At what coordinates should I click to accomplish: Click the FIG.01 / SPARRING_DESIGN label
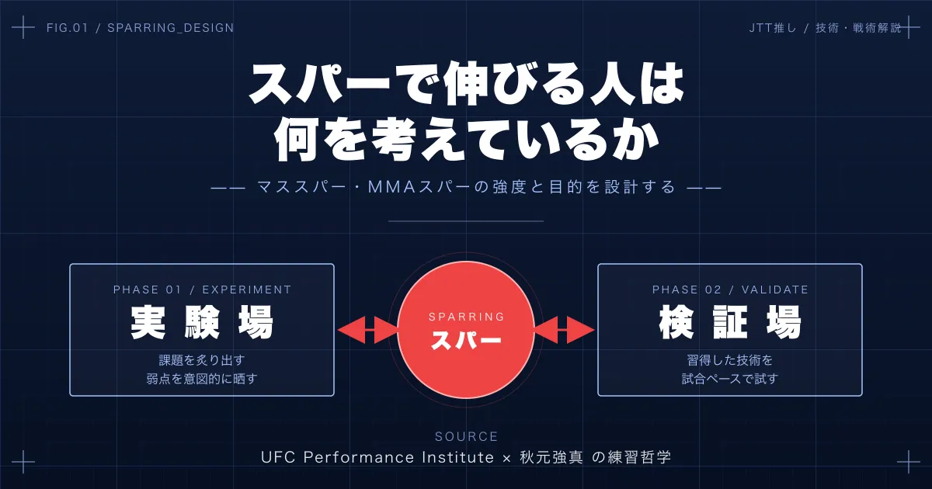140,28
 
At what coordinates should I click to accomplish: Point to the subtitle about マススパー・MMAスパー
466,188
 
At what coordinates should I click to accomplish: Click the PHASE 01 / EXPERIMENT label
202,290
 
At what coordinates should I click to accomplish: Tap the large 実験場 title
202,323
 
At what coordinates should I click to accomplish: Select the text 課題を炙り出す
202,360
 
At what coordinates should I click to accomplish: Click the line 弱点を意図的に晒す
202,379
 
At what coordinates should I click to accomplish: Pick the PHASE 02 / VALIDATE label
730,290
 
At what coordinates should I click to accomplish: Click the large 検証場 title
730,323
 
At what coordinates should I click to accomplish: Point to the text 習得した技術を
730,360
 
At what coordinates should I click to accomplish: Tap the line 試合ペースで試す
730,379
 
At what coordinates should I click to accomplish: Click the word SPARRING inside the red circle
466,317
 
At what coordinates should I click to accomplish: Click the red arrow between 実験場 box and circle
367,329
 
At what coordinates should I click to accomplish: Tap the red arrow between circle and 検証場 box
565,329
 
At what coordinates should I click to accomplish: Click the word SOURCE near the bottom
466,437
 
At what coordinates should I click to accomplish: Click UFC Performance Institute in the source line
377,457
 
